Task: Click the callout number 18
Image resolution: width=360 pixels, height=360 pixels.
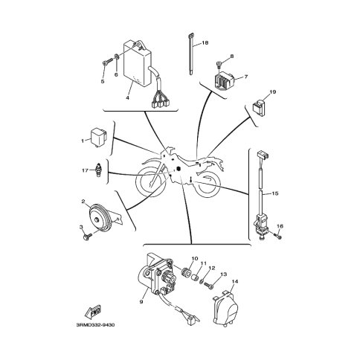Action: (x=205, y=43)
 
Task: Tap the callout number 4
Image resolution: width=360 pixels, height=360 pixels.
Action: (x=127, y=97)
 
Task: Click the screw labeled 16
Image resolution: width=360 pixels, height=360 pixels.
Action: (x=276, y=236)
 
